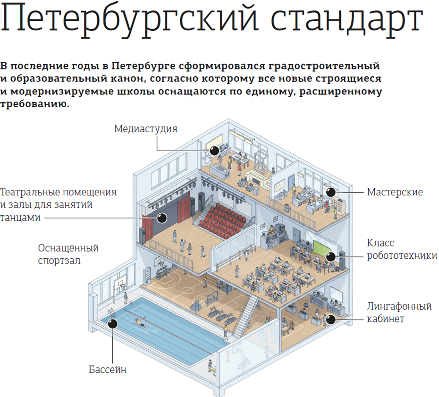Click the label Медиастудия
pos(145,129)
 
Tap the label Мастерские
pos(395,192)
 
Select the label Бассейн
pos(108,370)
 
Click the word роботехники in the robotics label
pos(402,255)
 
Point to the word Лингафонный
pos(399,306)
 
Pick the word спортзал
pos(59,261)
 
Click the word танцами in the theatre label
pos(20,218)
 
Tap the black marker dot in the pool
pos(113,324)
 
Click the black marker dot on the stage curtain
pos(162,218)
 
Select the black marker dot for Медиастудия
pos(214,151)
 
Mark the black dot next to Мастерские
pos(331,192)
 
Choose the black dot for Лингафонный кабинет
pos(331,320)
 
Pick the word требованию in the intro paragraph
pos(34,104)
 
